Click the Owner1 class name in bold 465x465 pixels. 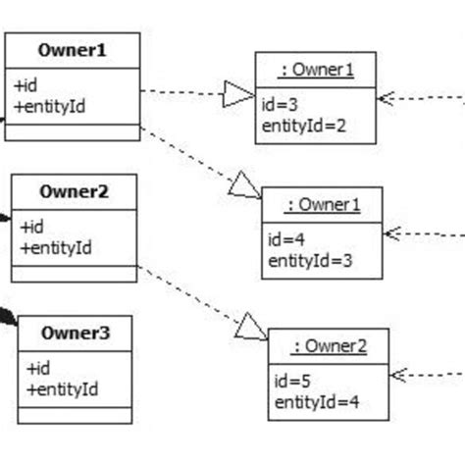72,50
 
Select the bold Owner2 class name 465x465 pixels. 74,192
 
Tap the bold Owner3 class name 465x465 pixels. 75,333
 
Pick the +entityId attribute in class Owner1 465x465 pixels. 49,105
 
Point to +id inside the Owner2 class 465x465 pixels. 31,228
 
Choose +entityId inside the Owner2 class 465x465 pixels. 55,247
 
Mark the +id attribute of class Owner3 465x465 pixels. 37,369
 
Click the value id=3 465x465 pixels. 280,106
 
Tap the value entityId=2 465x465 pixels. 304,125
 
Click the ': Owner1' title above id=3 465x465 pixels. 315,69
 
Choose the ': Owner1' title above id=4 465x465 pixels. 322,204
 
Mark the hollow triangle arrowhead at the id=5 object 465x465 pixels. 251,327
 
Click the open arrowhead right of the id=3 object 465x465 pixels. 387,96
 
